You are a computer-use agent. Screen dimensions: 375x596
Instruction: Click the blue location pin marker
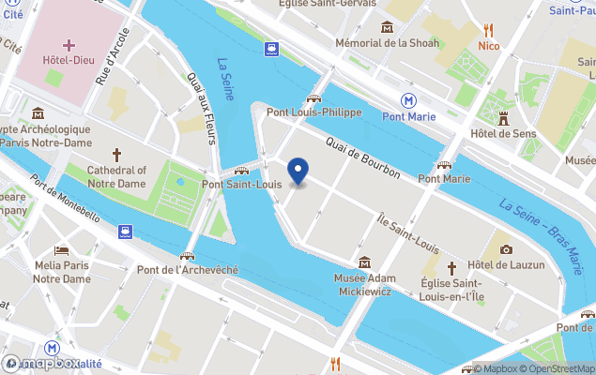click(x=298, y=172)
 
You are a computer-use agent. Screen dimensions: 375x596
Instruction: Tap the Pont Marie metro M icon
click(x=409, y=99)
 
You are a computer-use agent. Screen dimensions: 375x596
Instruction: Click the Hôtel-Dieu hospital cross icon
click(x=69, y=45)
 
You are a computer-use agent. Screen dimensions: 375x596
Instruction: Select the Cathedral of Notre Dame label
click(x=116, y=176)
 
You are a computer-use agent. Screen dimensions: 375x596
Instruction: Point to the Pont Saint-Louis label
click(x=241, y=185)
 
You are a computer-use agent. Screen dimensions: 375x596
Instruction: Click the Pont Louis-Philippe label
click(x=313, y=112)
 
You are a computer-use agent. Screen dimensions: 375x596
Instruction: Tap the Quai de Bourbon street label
click(x=362, y=159)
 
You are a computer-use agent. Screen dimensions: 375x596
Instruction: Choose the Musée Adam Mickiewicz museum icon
click(x=364, y=262)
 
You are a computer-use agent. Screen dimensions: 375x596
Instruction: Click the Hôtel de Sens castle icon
click(x=504, y=117)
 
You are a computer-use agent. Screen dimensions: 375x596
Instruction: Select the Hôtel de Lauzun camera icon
click(x=506, y=249)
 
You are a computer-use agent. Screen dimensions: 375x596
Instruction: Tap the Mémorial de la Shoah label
click(x=388, y=42)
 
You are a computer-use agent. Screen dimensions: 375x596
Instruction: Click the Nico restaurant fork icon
click(x=487, y=28)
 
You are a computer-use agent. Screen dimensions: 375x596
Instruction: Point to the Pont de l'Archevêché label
click(x=187, y=270)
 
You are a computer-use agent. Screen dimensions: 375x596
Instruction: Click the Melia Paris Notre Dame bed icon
click(x=62, y=251)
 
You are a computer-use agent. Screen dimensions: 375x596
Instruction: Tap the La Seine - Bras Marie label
click(x=542, y=224)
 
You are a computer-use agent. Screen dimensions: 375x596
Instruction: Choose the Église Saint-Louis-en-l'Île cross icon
click(x=451, y=268)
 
